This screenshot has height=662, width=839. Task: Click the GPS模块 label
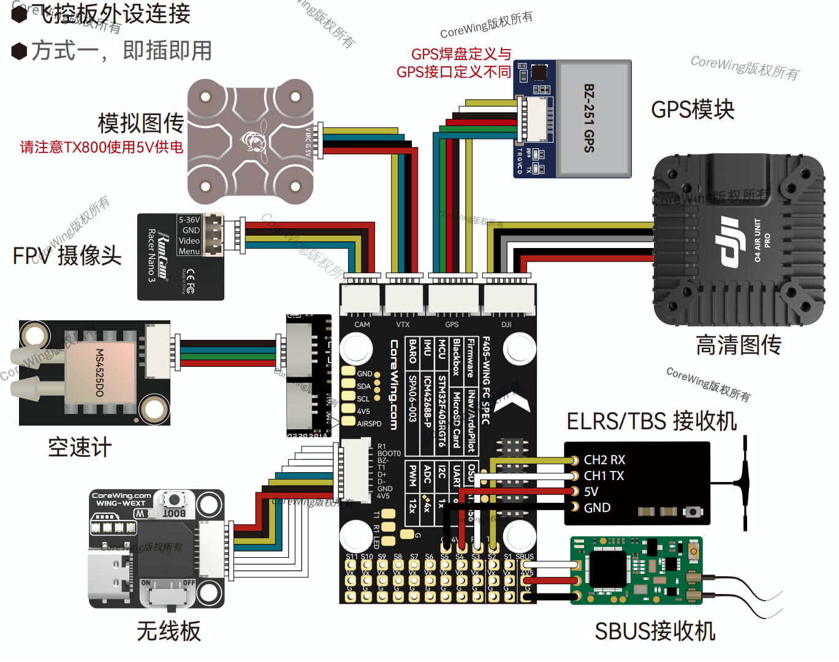[x=693, y=110]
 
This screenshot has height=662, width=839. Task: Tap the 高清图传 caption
[x=738, y=345]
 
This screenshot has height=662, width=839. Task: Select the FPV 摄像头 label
[x=67, y=255]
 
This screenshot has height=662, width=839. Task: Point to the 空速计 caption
[x=80, y=448]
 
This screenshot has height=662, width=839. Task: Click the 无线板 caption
[x=169, y=631]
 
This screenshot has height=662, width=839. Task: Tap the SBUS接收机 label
[x=655, y=631]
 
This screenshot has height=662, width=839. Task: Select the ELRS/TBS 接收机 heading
[x=651, y=421]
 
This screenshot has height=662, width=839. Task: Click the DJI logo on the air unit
[x=729, y=242]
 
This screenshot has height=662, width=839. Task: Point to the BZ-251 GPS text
[x=589, y=118]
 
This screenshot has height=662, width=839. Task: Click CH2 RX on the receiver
[x=604, y=460]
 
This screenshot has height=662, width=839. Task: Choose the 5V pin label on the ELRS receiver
[x=591, y=492]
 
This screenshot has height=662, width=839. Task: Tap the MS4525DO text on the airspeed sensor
[x=99, y=372]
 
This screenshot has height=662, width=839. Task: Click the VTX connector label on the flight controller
[x=403, y=325]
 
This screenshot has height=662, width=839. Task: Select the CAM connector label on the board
[x=362, y=325]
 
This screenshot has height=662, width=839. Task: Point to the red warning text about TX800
[x=102, y=147]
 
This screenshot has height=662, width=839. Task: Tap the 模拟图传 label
[x=141, y=123]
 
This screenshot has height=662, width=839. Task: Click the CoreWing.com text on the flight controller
[x=394, y=385]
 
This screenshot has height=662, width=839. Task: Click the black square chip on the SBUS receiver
[x=607, y=567]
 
